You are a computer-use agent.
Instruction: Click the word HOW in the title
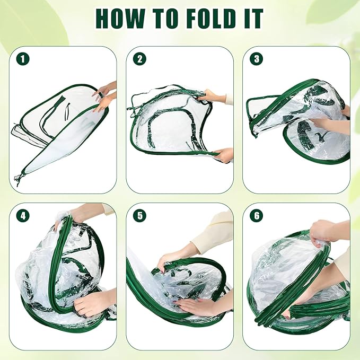point(120,19)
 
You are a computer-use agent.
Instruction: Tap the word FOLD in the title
point(211,19)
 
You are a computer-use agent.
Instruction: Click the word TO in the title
point(166,19)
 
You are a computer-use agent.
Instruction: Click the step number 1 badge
point(23,59)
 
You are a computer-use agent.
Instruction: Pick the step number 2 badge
point(139,59)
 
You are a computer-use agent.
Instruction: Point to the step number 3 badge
point(257,59)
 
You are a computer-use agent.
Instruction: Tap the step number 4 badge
point(23,216)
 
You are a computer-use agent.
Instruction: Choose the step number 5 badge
point(139,216)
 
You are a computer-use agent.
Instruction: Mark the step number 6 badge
point(257,216)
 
